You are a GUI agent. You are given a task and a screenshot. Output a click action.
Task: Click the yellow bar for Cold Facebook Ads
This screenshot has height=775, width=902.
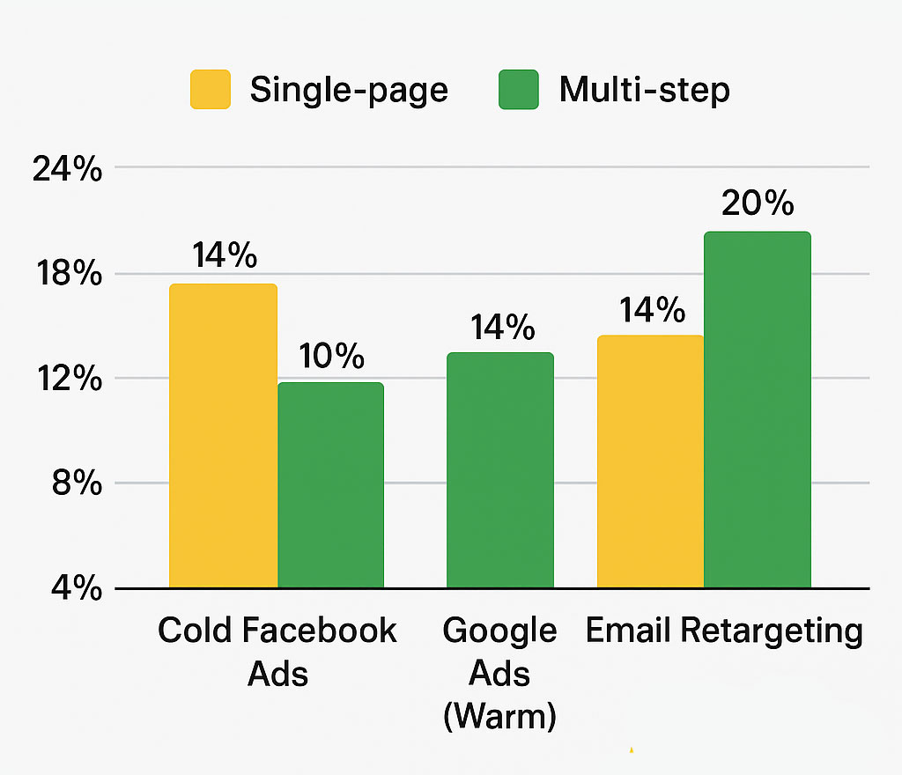(223, 436)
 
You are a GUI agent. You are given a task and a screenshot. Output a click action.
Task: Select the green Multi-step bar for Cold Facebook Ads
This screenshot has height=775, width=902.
(330, 485)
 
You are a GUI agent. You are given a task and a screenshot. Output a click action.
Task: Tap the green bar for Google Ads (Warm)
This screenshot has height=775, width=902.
(500, 470)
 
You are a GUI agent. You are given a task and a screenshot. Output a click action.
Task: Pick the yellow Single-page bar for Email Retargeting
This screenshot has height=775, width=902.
(650, 461)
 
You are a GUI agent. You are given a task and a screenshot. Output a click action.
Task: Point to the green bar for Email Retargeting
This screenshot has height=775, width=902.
(757, 410)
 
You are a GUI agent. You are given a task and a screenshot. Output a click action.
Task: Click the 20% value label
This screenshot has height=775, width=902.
(757, 203)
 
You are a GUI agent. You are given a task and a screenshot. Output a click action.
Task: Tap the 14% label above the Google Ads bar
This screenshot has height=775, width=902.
(502, 328)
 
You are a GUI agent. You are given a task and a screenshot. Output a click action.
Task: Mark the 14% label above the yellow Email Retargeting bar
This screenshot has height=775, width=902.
(652, 310)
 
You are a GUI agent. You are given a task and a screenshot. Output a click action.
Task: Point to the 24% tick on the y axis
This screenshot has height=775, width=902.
(67, 169)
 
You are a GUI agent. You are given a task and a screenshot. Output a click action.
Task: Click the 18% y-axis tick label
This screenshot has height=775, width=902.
(67, 275)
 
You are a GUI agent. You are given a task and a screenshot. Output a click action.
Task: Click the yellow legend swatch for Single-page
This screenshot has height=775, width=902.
(211, 90)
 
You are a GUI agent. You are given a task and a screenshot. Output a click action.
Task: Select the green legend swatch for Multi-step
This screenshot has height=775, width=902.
(518, 90)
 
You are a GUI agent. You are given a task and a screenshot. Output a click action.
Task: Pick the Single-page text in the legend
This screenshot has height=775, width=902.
(349, 90)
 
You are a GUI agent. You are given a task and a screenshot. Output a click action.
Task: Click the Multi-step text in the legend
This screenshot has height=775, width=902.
(644, 90)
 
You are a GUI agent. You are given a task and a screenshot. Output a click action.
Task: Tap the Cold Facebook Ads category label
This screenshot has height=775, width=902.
(277, 652)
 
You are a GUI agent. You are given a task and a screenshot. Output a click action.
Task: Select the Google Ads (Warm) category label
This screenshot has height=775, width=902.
(500, 674)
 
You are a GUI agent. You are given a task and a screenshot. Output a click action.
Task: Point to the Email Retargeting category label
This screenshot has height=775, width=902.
(724, 631)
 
